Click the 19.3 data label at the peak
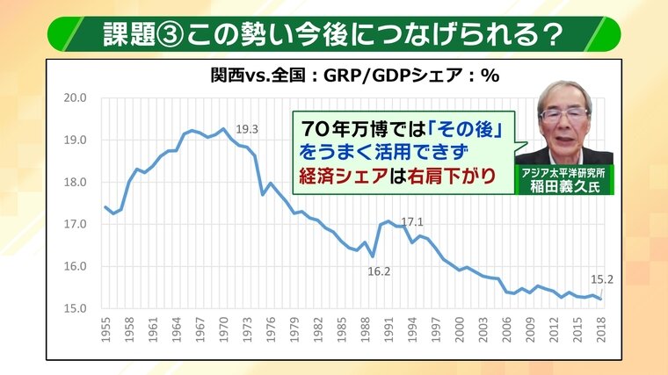(x=248, y=129)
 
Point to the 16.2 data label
(x=379, y=271)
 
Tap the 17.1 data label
(x=412, y=222)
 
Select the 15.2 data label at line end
(x=602, y=280)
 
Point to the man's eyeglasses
(x=564, y=115)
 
